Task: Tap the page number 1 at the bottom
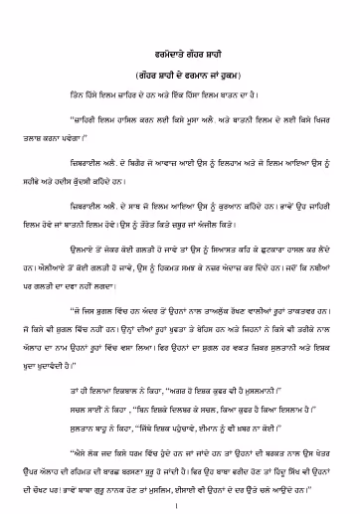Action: tap(180, 489)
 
